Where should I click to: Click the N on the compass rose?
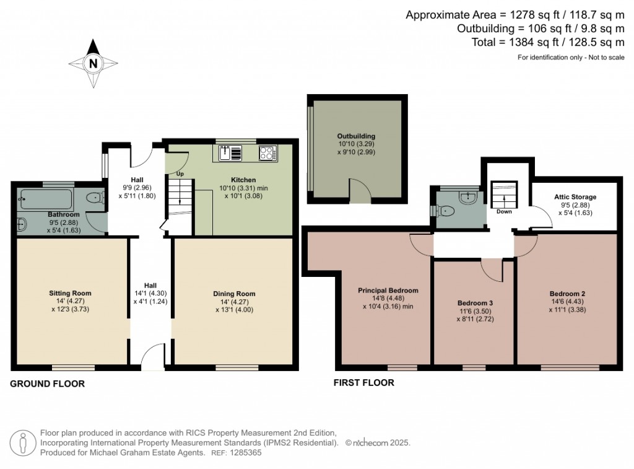pos(93,64)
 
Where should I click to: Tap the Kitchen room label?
pos(243,180)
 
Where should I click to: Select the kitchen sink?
pos(230,154)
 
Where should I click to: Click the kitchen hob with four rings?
pos(268,154)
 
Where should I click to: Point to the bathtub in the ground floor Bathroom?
pos(46,199)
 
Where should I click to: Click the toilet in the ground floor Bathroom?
pos(95,198)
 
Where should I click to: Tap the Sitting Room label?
pos(71,293)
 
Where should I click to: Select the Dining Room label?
pos(234,294)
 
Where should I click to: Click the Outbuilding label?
pos(356,136)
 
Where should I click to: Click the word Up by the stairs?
pos(180,173)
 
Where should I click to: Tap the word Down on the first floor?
pos(504,211)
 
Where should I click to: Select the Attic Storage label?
pos(575,196)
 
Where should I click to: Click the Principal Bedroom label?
pos(388,290)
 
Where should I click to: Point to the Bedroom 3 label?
pos(475,303)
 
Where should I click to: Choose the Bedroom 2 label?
pos(567,294)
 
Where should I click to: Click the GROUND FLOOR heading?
pos(47,384)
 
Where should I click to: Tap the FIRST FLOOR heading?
pos(364,382)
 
